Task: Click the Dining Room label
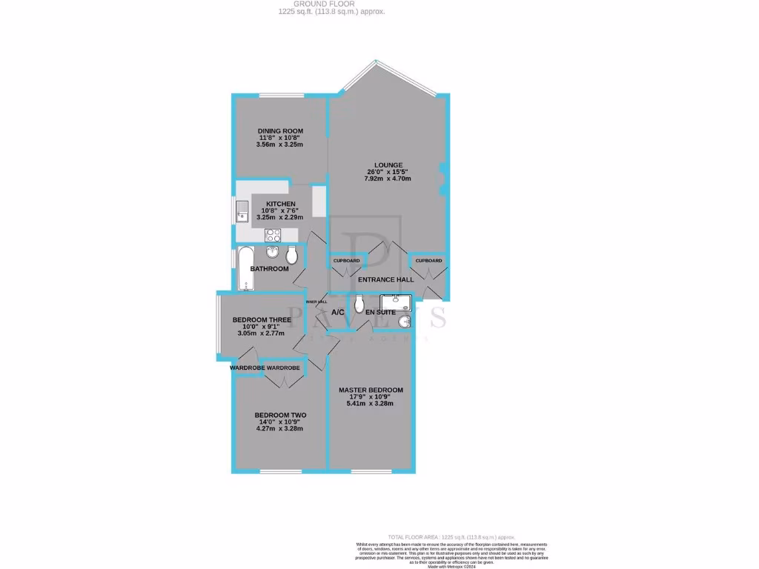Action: [x=280, y=131]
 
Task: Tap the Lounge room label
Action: [x=388, y=165]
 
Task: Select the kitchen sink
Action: [x=242, y=211]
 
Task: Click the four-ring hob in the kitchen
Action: [x=273, y=236]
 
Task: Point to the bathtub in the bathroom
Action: [x=244, y=268]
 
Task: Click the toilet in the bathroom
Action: [x=293, y=256]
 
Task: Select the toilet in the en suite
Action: [x=359, y=305]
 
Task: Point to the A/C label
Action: [x=338, y=313]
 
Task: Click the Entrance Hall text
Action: [x=385, y=279]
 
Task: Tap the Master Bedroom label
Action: [x=371, y=390]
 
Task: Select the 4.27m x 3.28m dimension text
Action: [x=279, y=428]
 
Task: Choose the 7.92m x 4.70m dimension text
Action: [x=388, y=179]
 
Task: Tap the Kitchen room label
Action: [x=281, y=204]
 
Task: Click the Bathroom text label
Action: [x=269, y=268]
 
